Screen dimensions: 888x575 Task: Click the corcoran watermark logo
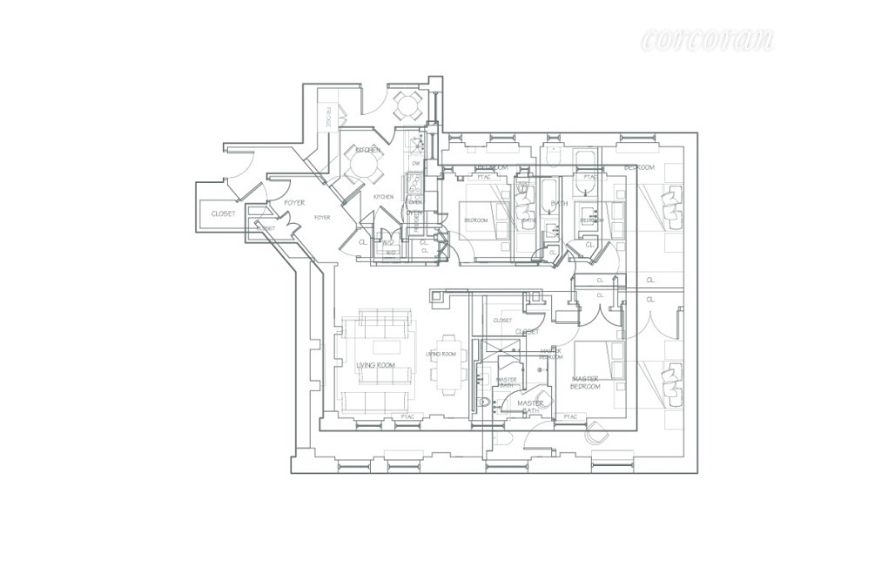pos(707,38)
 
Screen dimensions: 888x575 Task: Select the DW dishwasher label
pos(416,163)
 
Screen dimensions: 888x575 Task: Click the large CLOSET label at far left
pos(224,213)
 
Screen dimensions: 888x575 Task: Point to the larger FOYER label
pos(293,202)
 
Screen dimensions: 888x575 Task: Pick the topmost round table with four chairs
pos(407,106)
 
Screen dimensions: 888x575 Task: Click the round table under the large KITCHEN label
pos(361,164)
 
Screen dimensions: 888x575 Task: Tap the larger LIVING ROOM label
pos(376,365)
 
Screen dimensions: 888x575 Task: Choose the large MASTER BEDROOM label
pos(585,382)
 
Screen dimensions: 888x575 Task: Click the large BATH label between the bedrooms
pos(559,203)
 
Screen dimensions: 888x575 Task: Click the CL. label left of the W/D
pos(362,242)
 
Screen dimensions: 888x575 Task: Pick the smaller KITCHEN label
pos(383,197)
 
